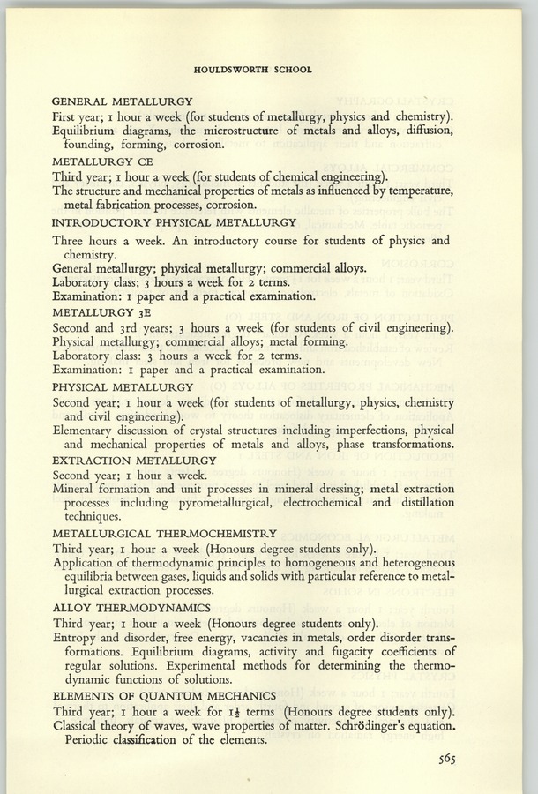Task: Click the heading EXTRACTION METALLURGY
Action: [x=134, y=461]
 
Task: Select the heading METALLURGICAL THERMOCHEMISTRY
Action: [x=165, y=533]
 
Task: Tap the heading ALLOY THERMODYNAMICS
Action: [x=131, y=607]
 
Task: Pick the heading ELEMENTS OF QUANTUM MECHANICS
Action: [x=164, y=695]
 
